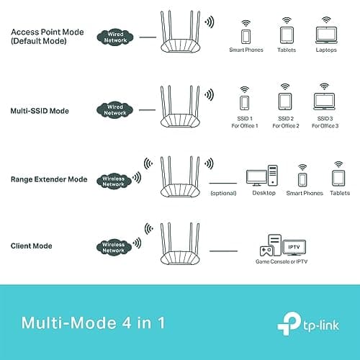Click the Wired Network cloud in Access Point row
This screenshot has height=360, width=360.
tap(114, 37)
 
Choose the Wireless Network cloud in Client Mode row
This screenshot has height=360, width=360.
tap(113, 247)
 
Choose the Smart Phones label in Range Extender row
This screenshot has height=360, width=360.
tap(303, 194)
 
